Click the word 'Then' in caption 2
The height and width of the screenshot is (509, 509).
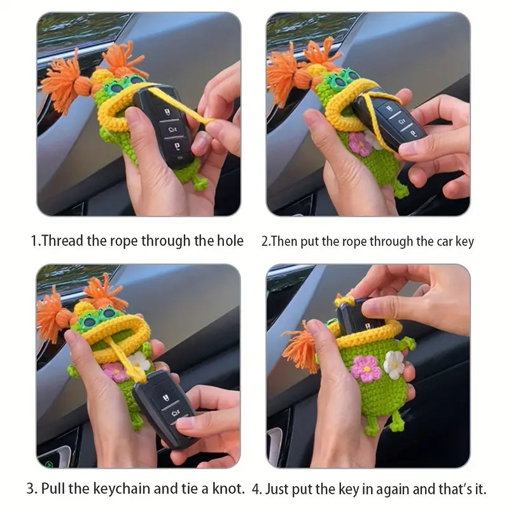283,242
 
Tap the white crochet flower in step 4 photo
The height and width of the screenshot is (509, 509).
394,365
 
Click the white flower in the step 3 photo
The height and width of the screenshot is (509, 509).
139,361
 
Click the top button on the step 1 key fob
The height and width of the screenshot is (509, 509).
166,113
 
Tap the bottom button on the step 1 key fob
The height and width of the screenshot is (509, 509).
177,148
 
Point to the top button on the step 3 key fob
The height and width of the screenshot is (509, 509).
165,397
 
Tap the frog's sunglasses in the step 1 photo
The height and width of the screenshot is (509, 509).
125,83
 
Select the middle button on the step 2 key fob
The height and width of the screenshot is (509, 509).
401,121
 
